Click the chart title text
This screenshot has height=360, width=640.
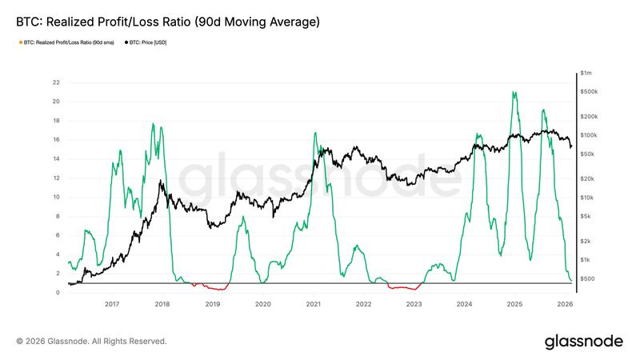(x=168, y=22)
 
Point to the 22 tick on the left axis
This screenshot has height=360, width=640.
(x=55, y=82)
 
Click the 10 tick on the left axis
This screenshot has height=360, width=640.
(x=55, y=197)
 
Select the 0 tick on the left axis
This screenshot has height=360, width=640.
(x=57, y=293)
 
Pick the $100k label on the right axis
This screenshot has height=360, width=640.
(x=591, y=136)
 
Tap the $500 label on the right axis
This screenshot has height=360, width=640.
(x=589, y=278)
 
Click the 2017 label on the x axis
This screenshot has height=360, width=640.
(x=111, y=305)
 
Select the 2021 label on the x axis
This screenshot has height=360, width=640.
(x=313, y=305)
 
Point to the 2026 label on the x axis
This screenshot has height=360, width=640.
(x=565, y=305)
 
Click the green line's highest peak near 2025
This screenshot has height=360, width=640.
(x=513, y=92)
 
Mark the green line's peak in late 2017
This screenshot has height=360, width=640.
(x=152, y=124)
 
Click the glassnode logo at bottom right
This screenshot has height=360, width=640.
(x=583, y=342)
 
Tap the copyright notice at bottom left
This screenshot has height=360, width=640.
(x=91, y=342)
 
